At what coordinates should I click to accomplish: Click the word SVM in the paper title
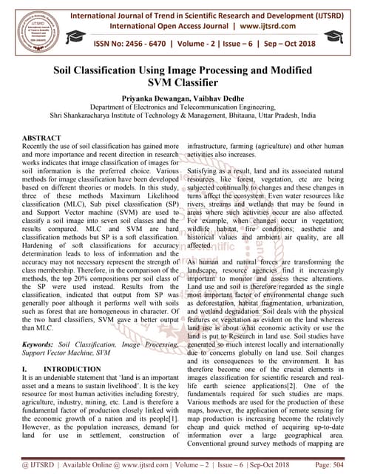(x=162, y=85)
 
